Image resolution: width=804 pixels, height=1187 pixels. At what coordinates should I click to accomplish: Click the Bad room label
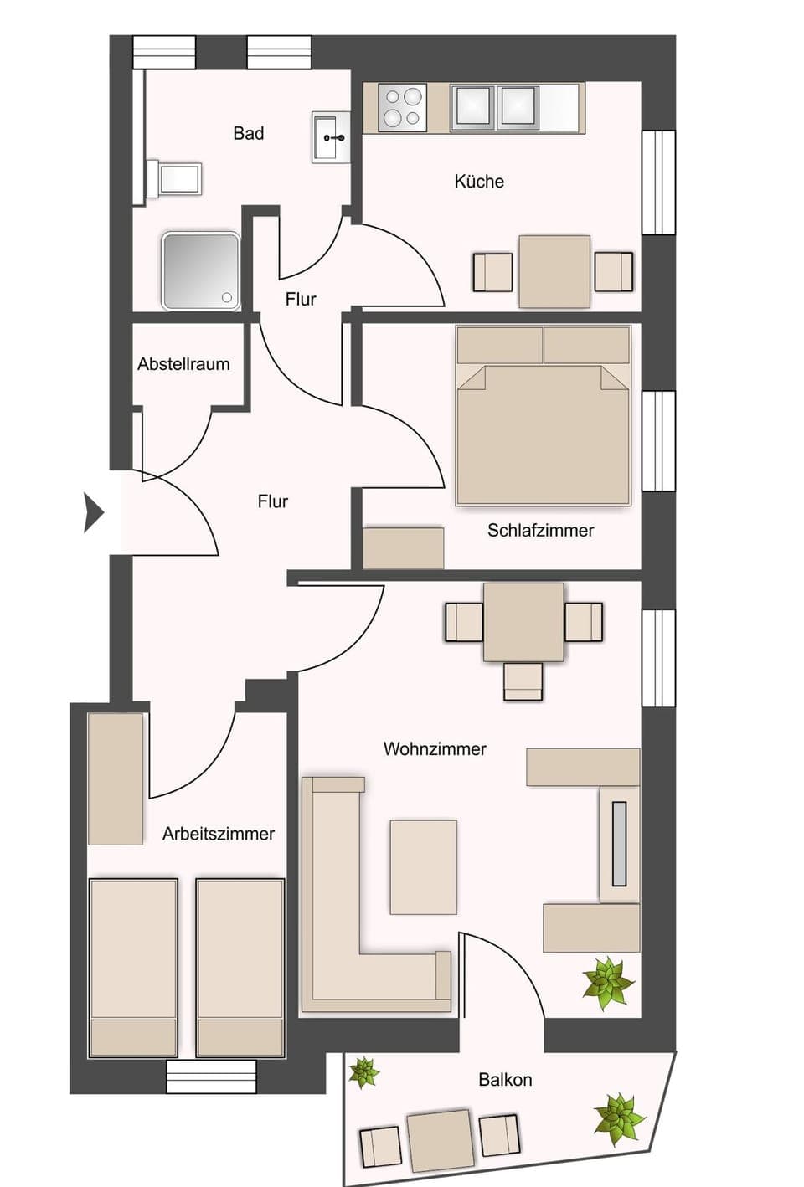(249, 133)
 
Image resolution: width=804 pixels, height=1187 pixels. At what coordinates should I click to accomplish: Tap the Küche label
(479, 181)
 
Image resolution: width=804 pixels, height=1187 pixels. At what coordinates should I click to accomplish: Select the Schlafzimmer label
(540, 530)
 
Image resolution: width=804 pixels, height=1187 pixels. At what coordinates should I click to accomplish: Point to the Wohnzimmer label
(435, 748)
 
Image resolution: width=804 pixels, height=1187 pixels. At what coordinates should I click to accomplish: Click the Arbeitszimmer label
(219, 834)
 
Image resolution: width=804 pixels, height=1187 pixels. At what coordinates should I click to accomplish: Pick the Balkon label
(505, 1080)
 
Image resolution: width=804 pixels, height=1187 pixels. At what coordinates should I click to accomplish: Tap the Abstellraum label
(183, 364)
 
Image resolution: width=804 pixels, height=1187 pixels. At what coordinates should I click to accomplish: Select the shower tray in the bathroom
(201, 270)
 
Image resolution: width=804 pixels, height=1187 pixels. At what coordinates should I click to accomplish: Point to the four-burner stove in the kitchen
(402, 107)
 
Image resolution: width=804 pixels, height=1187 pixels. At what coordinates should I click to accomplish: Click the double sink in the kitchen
(494, 106)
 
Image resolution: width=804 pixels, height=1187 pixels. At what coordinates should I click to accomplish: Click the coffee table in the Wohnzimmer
(423, 866)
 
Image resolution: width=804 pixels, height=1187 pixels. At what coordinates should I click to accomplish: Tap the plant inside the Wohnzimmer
(609, 980)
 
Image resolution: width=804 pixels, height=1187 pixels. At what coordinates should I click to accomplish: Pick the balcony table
(440, 1140)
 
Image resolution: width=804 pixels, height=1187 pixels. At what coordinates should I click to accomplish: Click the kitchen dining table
(554, 271)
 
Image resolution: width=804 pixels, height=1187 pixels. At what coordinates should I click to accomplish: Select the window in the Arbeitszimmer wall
(211, 1077)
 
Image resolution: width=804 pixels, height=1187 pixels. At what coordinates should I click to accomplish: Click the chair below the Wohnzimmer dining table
(523, 681)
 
